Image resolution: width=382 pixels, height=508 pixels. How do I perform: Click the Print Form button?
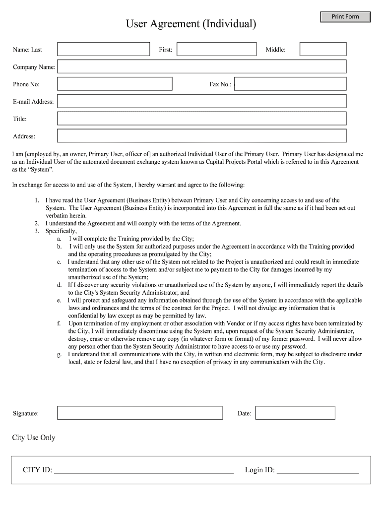345,17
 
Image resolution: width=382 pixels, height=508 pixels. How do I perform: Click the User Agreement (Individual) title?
191,23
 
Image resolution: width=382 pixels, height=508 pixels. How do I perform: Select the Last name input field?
103,49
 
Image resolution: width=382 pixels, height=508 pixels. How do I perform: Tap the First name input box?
216,49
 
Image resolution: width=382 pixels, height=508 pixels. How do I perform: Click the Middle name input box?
323,49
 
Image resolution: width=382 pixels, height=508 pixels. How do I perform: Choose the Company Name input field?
201,66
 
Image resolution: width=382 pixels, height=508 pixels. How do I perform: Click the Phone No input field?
115,84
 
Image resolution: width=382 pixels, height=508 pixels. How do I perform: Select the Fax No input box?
290,84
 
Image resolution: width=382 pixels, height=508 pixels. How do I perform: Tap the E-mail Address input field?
201,101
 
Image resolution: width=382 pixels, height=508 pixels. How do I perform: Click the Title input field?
201,119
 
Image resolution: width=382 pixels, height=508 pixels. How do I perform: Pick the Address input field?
201,136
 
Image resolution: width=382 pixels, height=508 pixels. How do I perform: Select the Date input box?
295,413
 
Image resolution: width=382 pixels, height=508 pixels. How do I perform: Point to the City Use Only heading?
34,438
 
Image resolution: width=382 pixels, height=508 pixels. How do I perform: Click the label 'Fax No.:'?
220,84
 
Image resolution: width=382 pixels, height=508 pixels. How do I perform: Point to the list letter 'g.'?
60,354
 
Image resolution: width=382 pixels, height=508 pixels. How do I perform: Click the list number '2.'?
37,223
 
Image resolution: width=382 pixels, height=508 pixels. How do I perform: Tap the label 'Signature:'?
26,413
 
